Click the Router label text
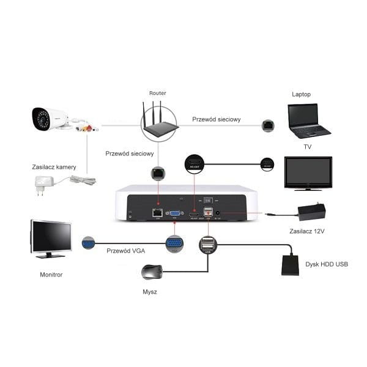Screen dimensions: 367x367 click(x=157, y=93)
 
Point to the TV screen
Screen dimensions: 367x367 click(x=308, y=172)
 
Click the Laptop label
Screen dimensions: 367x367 click(x=301, y=94)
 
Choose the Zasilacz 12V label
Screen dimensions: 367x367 click(x=306, y=231)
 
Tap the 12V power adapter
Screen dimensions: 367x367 click(x=310, y=212)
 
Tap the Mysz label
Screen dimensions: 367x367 click(x=149, y=292)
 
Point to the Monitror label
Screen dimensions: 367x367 click(x=51, y=275)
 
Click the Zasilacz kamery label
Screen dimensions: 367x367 click(x=54, y=166)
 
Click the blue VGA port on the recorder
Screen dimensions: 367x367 click(x=174, y=214)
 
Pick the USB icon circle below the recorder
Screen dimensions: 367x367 click(x=208, y=245)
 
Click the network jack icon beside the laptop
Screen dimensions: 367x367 click(x=267, y=125)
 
